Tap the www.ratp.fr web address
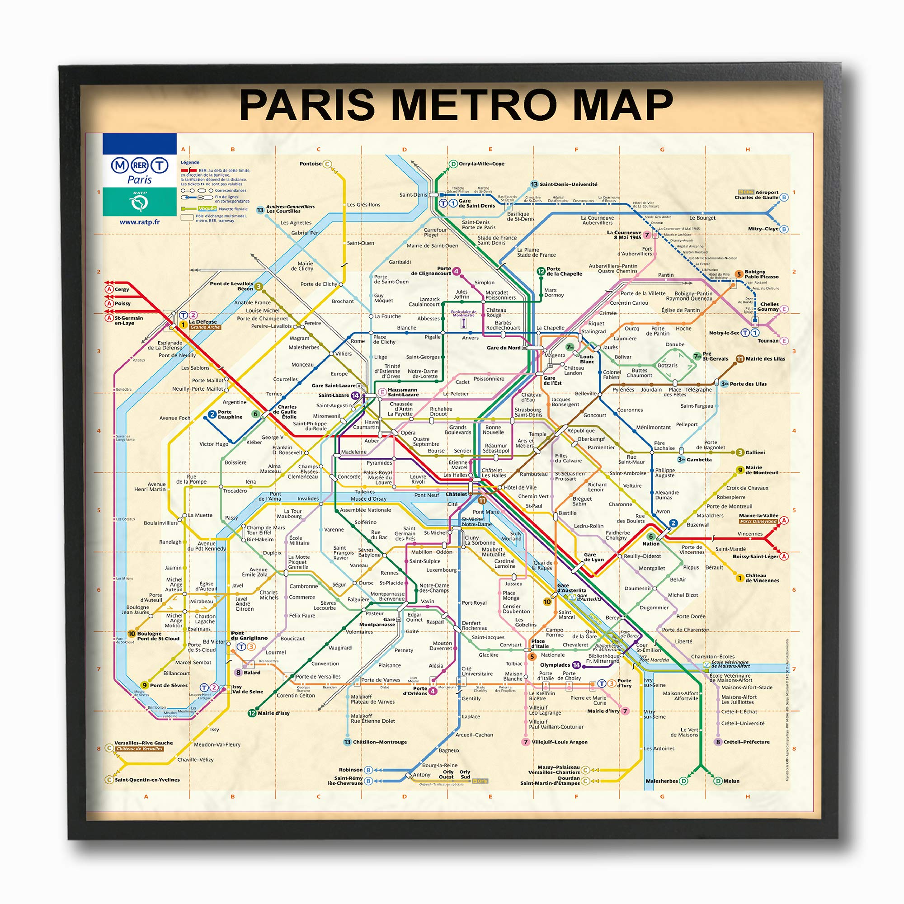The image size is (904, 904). (139, 222)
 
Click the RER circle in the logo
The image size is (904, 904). (139, 165)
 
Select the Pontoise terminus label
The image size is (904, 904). (311, 164)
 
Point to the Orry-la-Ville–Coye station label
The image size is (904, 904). (481, 164)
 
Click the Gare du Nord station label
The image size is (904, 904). (504, 348)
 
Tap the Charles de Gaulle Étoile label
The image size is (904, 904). (285, 412)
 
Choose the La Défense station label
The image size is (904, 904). (202, 322)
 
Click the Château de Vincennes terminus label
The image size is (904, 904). (762, 578)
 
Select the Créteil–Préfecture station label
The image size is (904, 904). (746, 742)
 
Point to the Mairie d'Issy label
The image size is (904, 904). (273, 713)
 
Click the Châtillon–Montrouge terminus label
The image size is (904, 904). (380, 742)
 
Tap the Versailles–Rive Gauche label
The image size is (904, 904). (144, 743)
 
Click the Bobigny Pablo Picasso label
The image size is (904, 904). (761, 274)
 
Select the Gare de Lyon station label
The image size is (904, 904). (594, 557)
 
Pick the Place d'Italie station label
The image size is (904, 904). (540, 643)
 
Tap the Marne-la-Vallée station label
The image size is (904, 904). (758, 515)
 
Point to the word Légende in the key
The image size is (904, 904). (190, 162)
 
